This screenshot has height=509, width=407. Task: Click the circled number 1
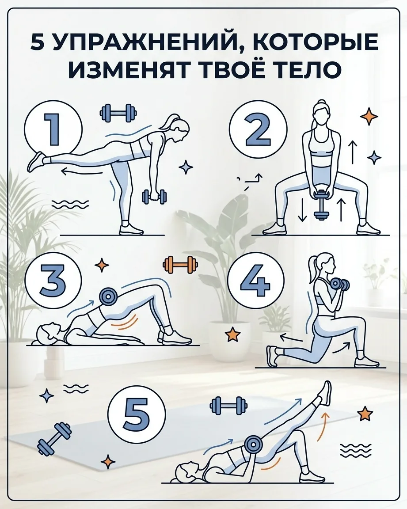pyautogui.click(x=53, y=129)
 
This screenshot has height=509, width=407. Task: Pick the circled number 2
pyautogui.click(x=258, y=129)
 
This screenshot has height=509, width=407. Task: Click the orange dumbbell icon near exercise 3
pyautogui.click(x=180, y=265)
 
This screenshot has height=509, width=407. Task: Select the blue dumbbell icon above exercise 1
pyautogui.click(x=118, y=113)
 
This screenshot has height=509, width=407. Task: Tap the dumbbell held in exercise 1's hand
pyautogui.click(x=155, y=197)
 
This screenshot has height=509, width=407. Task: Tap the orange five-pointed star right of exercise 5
pyautogui.click(x=365, y=414)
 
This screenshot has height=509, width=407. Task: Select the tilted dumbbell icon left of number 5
pyautogui.click(x=54, y=438)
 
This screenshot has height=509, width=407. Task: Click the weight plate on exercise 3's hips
pyautogui.click(x=107, y=296)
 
